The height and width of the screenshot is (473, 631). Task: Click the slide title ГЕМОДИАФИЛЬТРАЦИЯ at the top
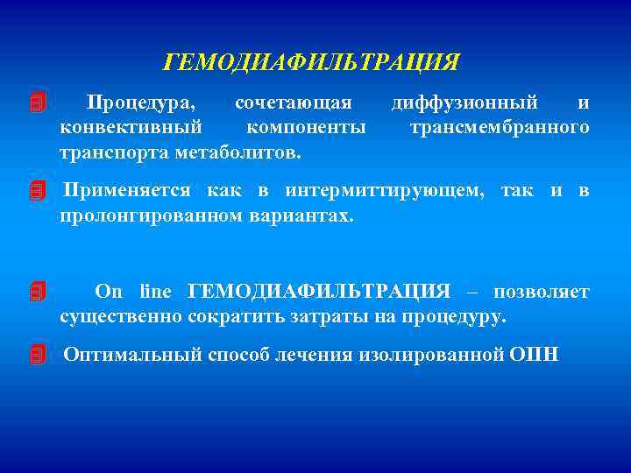click(311, 63)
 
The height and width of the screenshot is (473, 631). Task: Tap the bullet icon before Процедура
click(36, 102)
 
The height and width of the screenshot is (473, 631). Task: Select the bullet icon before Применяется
click(36, 192)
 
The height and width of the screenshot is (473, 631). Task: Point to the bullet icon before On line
click(36, 292)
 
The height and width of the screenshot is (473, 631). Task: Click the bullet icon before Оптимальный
click(36, 355)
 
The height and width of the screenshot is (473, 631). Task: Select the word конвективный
click(131, 128)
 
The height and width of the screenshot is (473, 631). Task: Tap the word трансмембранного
click(500, 128)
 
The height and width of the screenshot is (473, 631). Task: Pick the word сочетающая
click(294, 103)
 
